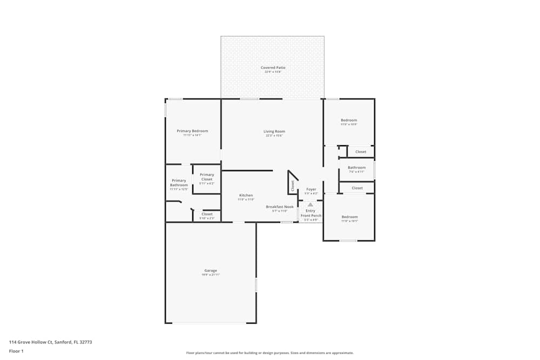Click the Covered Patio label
pyautogui.click(x=273, y=68)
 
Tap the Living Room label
pyautogui.click(x=274, y=132)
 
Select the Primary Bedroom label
pyautogui.click(x=192, y=131)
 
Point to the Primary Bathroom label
pyautogui.click(x=179, y=183)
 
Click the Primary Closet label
pyautogui.click(x=207, y=177)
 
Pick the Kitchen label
pyautogui.click(x=246, y=195)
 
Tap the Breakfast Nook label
pyautogui.click(x=280, y=207)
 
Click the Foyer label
pyautogui.click(x=311, y=189)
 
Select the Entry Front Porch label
pyautogui.click(x=310, y=213)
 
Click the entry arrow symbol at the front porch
pyautogui.click(x=310, y=205)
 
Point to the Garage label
pyautogui.click(x=211, y=271)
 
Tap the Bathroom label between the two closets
pyautogui.click(x=356, y=168)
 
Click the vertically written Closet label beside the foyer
pyautogui.click(x=293, y=185)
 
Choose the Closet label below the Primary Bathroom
pyautogui.click(x=207, y=214)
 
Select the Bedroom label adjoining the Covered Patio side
pyautogui.click(x=349, y=120)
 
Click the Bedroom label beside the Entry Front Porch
pyautogui.click(x=349, y=217)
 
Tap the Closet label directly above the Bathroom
pyautogui.click(x=361, y=152)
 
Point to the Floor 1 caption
pyautogui.click(x=16, y=351)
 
